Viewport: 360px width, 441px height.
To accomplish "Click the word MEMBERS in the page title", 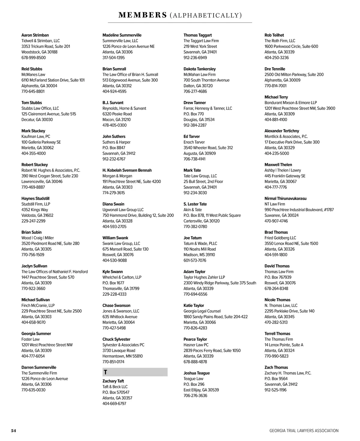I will pyautogui.click(x=142, y=15).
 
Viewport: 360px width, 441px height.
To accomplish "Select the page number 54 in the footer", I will pyautogui.click(x=13, y=431).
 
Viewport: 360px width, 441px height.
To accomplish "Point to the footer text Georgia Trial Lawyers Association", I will pyautogui.click(x=304, y=431).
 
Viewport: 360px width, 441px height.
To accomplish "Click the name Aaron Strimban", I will pyautogui.click(x=35, y=35).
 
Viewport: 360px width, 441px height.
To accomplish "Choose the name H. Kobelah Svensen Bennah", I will pyautogui.click(x=127, y=170).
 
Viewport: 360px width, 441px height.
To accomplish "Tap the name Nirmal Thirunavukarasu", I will pyautogui.click(x=285, y=198).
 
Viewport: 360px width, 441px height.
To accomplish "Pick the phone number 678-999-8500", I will pyautogui.click(x=34, y=58).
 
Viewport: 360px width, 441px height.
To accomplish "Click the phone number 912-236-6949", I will pyautogui.click(x=195, y=58).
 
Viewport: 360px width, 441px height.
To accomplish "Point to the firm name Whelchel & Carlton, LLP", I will pyautogui.click(x=122, y=277).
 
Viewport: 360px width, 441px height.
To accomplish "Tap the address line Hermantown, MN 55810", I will pyautogui.click(x=122, y=356).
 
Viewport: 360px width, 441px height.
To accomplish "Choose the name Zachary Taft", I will pyautogui.click(x=113, y=381).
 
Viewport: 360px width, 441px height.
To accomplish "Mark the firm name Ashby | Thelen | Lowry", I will pyautogui.click(x=283, y=170).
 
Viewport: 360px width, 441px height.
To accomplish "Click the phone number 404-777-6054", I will pyautogui.click(x=33, y=356).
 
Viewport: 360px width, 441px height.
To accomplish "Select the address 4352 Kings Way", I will pyautogui.click(x=34, y=210).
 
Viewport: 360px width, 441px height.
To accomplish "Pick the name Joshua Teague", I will pyautogui.click(x=196, y=373).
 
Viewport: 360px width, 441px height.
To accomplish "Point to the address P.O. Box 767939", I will pyautogui.click(x=278, y=277).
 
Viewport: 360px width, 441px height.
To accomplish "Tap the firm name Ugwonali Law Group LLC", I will pyautogui.click(x=123, y=210).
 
